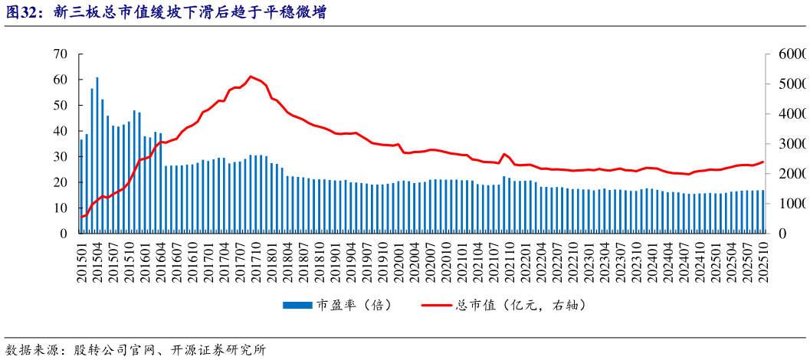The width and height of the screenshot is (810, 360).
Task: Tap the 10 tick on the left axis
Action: click(61, 208)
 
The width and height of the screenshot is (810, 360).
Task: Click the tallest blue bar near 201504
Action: click(97, 153)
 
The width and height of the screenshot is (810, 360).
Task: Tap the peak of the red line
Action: click(251, 77)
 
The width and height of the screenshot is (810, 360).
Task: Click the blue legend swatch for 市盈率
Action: click(298, 305)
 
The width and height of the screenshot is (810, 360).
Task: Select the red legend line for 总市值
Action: click(438, 305)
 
